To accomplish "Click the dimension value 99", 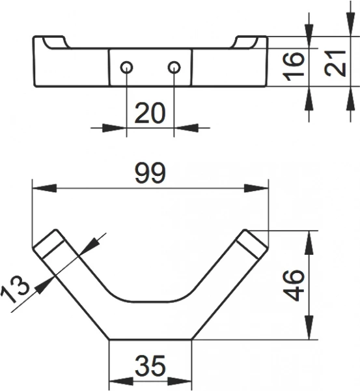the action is click(x=150, y=173).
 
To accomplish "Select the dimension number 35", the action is click(x=150, y=366).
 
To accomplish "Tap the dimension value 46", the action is click(x=294, y=285).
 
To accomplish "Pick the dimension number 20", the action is click(x=150, y=113).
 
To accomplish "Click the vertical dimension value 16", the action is click(x=294, y=66).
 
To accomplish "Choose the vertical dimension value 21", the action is click(x=335, y=63).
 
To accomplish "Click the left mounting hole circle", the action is click(x=126, y=67).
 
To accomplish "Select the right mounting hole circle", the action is click(x=174, y=67).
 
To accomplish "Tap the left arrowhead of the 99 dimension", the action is click(x=44, y=188).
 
